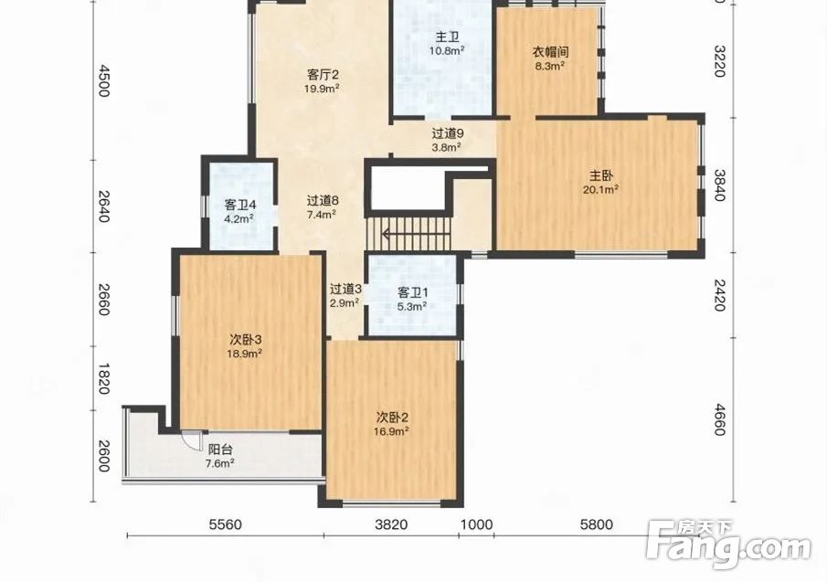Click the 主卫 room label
[447, 37]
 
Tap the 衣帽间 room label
[550, 52]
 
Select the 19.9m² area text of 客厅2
[322, 88]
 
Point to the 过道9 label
[447, 134]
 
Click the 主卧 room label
[600, 175]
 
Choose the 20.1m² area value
[600, 189]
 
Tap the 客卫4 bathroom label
[240, 205]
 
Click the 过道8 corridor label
[323, 201]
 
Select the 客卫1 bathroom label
[412, 292]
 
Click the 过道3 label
[345, 290]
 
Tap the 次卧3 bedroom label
[245, 340]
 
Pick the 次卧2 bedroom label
[392, 418]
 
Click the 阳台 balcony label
[220, 450]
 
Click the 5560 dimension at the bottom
[225, 524]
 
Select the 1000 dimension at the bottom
[477, 524]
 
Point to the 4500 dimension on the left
[103, 81]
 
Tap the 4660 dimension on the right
[719, 419]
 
